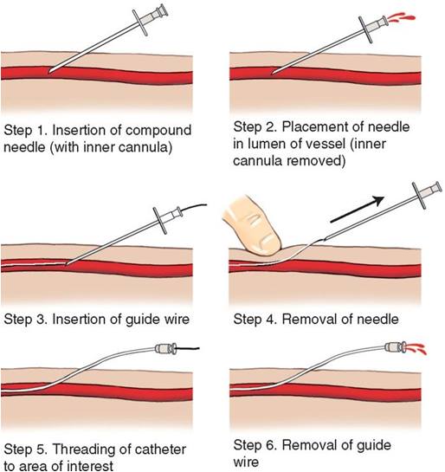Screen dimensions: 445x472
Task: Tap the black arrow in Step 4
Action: pyautogui.click(x=358, y=210)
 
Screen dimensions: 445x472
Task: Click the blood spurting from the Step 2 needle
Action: pyautogui.click(x=402, y=17)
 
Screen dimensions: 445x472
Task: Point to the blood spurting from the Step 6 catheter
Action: pyautogui.click(x=416, y=348)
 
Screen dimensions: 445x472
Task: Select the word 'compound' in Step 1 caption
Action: pyautogui.click(x=158, y=131)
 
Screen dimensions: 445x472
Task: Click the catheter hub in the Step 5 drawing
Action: pyautogui.click(x=165, y=348)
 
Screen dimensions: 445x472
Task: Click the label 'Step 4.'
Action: pyautogui.click(x=255, y=319)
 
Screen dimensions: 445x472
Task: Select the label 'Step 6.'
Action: pyautogui.click(x=255, y=445)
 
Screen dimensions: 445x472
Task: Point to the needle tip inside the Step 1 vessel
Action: pyautogui.click(x=50, y=72)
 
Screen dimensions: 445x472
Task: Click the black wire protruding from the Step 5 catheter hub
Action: pyautogui.click(x=188, y=348)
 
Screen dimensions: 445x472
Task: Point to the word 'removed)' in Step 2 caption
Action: pyautogui.click(x=316, y=160)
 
